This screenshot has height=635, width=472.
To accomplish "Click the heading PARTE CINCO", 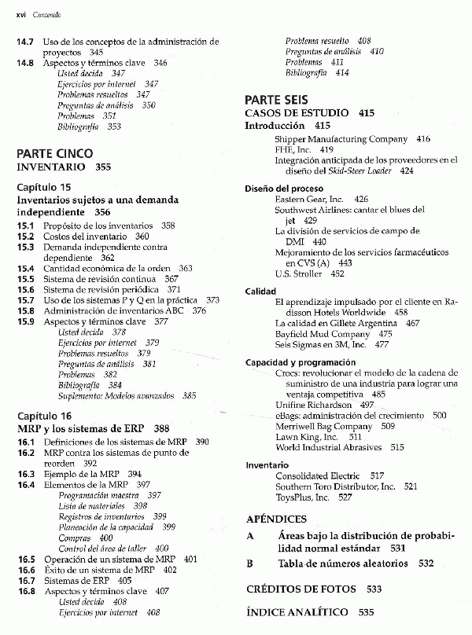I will click(x=54, y=153).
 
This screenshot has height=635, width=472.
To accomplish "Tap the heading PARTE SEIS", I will click(x=275, y=100).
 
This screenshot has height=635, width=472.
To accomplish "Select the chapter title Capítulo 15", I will click(x=44, y=187).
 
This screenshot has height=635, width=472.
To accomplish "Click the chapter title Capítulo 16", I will click(x=44, y=416).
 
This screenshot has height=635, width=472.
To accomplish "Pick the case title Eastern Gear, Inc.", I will click(x=310, y=200).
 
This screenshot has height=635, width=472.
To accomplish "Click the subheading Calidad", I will click(x=260, y=291).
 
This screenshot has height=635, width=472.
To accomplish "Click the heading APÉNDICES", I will click(x=276, y=519).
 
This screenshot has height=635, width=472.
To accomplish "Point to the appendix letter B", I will click(x=249, y=563).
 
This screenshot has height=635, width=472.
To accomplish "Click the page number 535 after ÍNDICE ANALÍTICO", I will click(x=366, y=611).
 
